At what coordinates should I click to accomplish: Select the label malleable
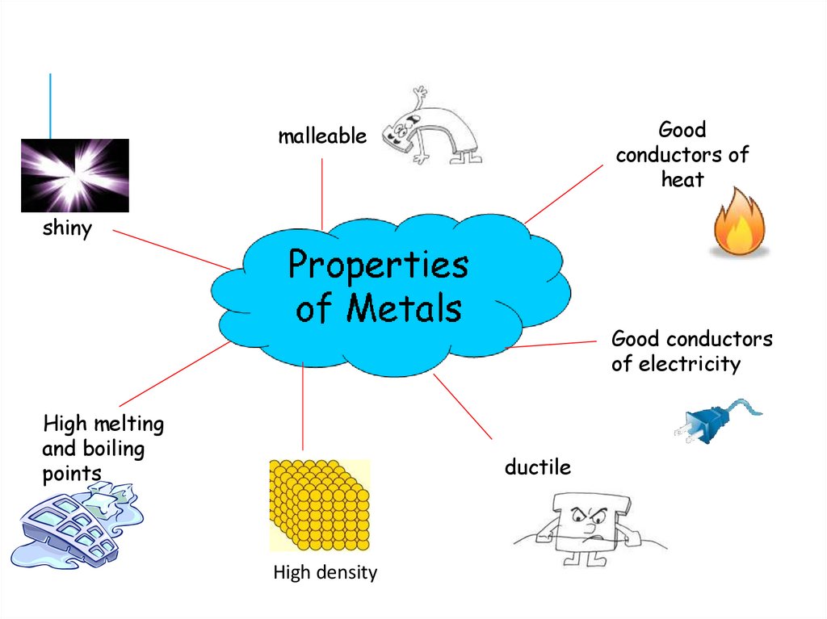[x=321, y=136]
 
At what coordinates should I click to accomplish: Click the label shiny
[x=67, y=228]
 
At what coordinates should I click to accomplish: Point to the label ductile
[x=537, y=466]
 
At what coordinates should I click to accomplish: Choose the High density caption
[x=325, y=573]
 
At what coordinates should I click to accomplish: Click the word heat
[x=682, y=179]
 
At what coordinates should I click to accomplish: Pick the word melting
[x=128, y=424]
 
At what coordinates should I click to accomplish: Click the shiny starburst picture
[x=74, y=175]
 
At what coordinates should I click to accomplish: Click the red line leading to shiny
[x=170, y=249]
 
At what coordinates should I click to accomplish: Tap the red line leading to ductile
[x=463, y=407]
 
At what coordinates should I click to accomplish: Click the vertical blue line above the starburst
[x=50, y=106]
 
